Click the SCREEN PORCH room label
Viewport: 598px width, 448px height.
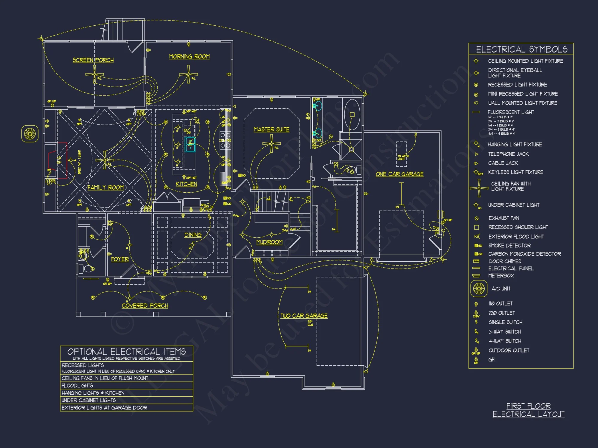tap(93, 60)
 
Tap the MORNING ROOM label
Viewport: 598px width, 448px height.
tap(189, 56)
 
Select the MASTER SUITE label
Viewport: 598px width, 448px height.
tap(271, 129)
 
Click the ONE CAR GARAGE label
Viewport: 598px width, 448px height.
tap(399, 174)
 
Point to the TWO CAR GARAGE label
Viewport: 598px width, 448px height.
tap(304, 316)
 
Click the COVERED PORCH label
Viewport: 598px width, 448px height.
tap(145, 306)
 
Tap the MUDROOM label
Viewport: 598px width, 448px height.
tap(269, 242)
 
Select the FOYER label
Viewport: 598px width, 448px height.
tap(120, 259)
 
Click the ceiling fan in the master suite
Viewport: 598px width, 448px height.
tap(271, 144)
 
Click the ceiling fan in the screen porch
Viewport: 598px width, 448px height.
tap(94, 74)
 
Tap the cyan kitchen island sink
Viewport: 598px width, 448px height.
tap(190, 144)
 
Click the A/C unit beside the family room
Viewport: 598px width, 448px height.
tap(30, 134)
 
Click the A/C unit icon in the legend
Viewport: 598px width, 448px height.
tap(479, 289)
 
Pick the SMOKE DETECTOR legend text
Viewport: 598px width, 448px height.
tap(509, 246)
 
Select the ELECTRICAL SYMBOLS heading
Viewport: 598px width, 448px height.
tap(521, 49)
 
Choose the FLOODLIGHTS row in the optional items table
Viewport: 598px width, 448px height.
tap(77, 386)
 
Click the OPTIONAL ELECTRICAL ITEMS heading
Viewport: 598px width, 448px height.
tap(126, 352)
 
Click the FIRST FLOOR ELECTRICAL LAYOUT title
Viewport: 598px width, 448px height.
tap(528, 410)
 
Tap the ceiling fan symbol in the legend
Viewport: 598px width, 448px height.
tap(479, 188)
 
